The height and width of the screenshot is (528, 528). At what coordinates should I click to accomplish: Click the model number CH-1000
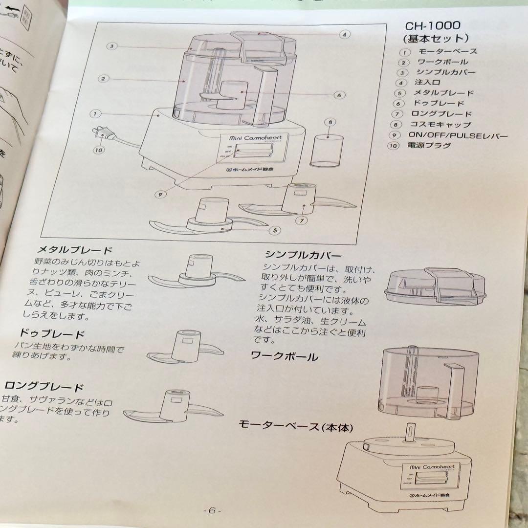click(x=432, y=25)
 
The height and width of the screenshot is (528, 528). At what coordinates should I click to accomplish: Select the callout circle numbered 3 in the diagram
click(x=112, y=46)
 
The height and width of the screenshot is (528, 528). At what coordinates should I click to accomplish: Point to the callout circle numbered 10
click(x=99, y=150)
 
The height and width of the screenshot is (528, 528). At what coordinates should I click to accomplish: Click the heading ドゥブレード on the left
click(x=52, y=334)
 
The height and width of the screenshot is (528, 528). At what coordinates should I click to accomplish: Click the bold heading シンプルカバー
click(x=303, y=255)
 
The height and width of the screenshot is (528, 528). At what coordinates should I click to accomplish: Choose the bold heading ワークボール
click(x=284, y=356)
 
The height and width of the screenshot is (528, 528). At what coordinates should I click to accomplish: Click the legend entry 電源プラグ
click(x=430, y=145)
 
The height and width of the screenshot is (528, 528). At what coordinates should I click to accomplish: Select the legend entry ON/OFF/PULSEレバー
click(x=458, y=135)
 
